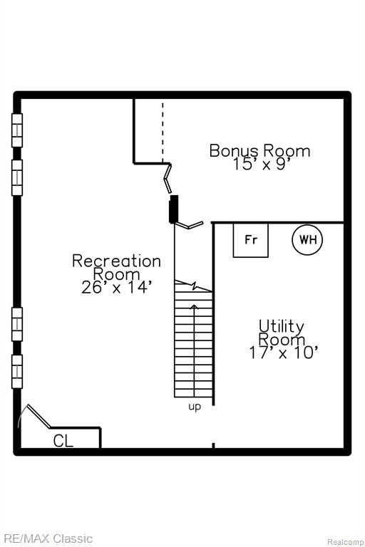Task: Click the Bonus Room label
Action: click(259, 151)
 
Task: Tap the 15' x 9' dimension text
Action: click(262, 165)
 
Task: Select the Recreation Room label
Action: click(117, 268)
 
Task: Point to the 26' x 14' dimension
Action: click(117, 288)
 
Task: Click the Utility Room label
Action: click(281, 333)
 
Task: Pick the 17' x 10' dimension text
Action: click(283, 353)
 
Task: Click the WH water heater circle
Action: click(307, 239)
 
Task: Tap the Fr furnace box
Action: click(251, 240)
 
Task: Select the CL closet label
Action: click(63, 441)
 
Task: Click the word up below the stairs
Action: click(195, 407)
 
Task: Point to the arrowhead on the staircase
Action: click(195, 307)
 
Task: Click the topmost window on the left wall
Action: click(17, 130)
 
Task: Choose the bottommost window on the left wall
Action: click(17, 372)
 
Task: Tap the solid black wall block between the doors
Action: click(174, 209)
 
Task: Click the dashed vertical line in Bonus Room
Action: click(163, 132)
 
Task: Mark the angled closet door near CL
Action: click(38, 416)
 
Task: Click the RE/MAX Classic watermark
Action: click(47, 538)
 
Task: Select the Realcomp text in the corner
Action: click(345, 542)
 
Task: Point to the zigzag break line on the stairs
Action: click(193, 286)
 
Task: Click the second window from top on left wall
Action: click(17, 177)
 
